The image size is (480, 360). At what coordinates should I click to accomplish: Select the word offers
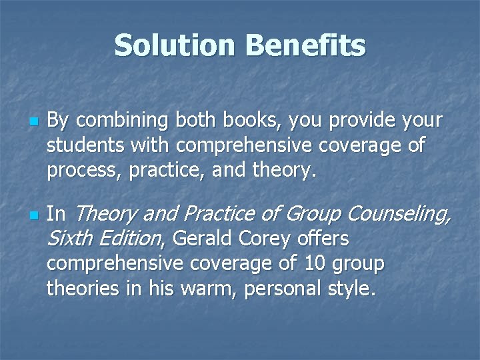[x=323, y=238]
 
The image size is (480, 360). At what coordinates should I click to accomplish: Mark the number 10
[x=313, y=264]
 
